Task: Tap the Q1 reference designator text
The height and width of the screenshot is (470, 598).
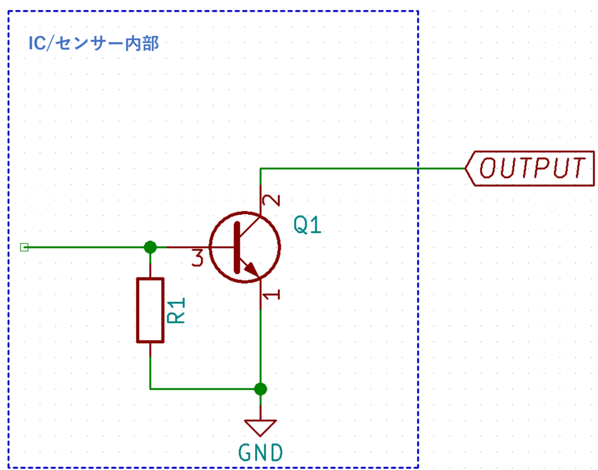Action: coord(307,225)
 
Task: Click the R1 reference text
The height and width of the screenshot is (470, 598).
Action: coord(176,310)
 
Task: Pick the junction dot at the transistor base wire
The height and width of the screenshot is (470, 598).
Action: coord(150,247)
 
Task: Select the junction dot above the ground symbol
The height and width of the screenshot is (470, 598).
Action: coord(260,389)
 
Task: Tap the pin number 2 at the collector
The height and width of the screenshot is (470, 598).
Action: coord(272,200)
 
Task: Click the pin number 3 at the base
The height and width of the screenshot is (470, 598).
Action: coord(198,258)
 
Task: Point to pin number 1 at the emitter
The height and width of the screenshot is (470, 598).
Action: coord(272,295)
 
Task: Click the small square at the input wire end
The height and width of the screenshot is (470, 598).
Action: coord(24,247)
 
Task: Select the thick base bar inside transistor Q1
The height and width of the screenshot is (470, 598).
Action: coord(237,247)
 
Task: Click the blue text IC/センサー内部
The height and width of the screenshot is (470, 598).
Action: coord(94,43)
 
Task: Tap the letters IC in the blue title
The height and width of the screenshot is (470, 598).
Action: coord(37,43)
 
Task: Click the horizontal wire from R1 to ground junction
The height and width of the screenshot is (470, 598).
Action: coord(205,389)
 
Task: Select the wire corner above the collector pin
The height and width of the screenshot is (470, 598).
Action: coord(260,168)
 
